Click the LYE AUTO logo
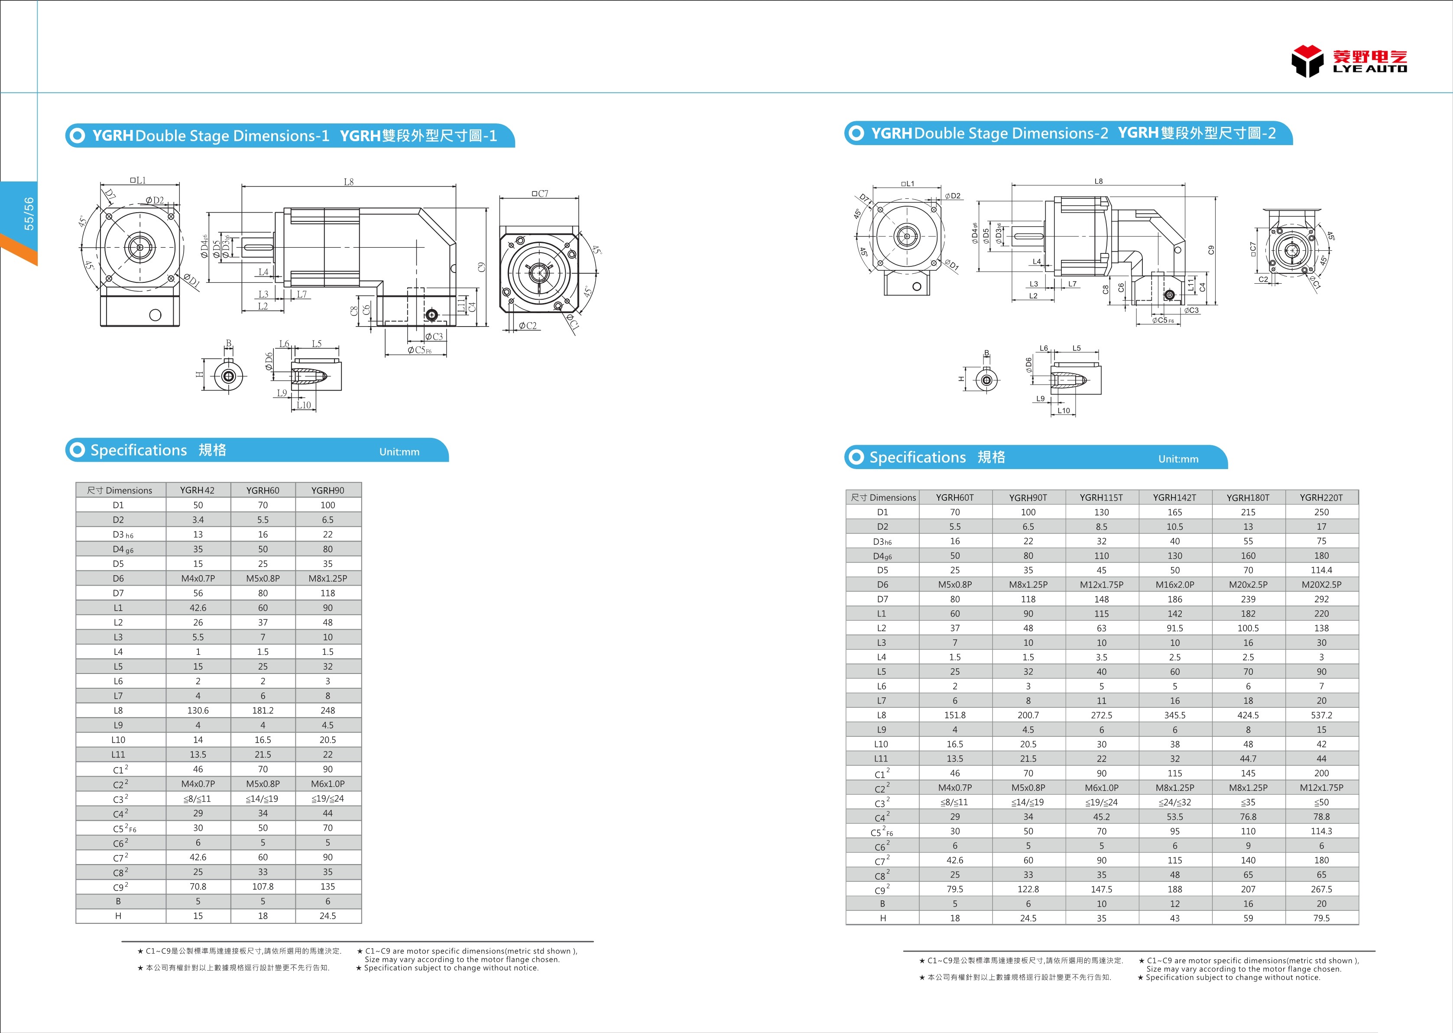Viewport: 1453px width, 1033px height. coord(1349,62)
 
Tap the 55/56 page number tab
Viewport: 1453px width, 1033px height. coord(29,213)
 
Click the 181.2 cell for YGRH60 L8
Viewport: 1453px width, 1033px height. coord(263,710)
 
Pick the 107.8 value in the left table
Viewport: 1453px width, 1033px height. coord(263,887)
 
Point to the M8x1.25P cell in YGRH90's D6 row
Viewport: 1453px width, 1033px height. coord(328,578)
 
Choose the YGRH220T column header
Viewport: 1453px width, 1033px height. coord(1321,497)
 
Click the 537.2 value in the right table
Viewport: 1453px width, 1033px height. coord(1321,715)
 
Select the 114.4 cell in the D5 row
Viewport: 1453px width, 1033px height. coord(1321,570)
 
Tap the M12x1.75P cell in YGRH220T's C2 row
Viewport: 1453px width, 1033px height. coord(1321,787)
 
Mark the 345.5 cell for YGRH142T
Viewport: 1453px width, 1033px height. coord(1174,715)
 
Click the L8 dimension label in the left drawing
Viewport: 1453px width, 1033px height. coord(349,182)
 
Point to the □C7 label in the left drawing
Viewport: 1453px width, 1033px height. coord(539,193)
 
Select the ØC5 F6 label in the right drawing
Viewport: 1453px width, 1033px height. coord(1162,321)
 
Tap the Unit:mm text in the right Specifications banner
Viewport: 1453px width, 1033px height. coord(1178,459)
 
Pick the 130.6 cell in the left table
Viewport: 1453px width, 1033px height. coord(198,710)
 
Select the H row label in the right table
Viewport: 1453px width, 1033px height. coord(882,918)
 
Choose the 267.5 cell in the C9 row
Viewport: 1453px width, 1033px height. coord(1321,889)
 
